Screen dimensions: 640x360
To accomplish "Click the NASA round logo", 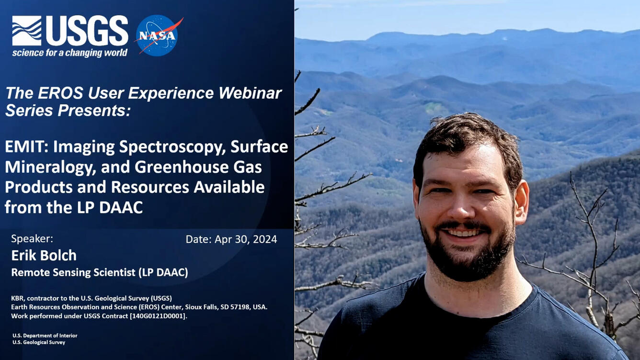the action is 157,35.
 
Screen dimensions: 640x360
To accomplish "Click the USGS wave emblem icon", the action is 26,31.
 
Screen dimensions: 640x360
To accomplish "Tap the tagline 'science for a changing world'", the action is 69,53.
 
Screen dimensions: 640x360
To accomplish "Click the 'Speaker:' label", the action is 32,239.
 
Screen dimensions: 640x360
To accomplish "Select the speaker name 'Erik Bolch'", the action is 44,255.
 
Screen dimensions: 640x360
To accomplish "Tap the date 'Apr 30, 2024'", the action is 246,239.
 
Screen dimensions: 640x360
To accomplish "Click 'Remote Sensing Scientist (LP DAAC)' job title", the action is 100,272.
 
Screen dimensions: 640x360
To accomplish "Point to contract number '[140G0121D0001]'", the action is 158,316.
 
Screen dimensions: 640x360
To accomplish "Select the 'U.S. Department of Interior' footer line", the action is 45,336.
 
